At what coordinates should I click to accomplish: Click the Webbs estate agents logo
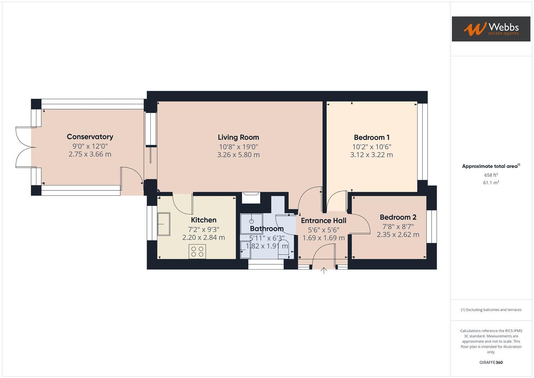pyautogui.click(x=491, y=29)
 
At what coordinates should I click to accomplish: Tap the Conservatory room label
pyautogui.click(x=90, y=137)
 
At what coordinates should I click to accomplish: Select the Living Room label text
pyautogui.click(x=238, y=138)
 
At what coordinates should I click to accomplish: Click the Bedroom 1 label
pyautogui.click(x=371, y=138)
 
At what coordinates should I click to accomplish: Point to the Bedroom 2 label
pyautogui.click(x=398, y=217)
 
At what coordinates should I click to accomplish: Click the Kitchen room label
pyautogui.click(x=204, y=220)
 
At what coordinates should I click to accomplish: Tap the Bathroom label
pyautogui.click(x=266, y=229)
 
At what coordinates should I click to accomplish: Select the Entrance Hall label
pyautogui.click(x=323, y=220)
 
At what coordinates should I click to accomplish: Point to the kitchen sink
pyautogui.click(x=163, y=224)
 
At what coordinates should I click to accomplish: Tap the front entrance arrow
pyautogui.click(x=324, y=270)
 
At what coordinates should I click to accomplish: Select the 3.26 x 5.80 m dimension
pyautogui.click(x=238, y=155)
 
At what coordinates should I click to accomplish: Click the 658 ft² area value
pyautogui.click(x=491, y=175)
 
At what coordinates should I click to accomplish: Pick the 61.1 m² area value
pyautogui.click(x=491, y=183)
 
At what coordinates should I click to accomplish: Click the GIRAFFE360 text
pyautogui.click(x=491, y=362)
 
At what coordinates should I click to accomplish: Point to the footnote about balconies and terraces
pyautogui.click(x=491, y=310)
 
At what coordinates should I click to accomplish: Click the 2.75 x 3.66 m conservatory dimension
pyautogui.click(x=90, y=154)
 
